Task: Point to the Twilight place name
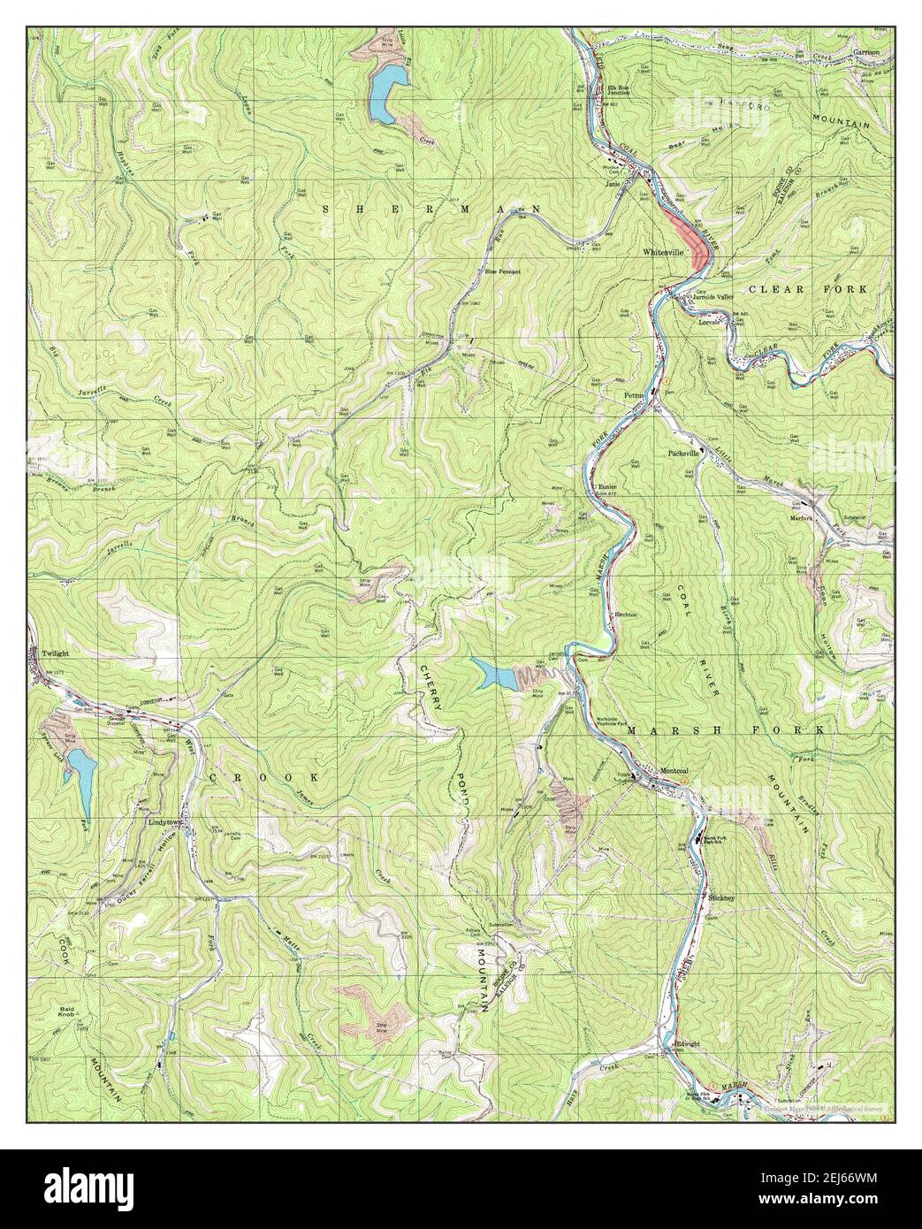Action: point(55,653)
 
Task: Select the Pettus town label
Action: point(636,395)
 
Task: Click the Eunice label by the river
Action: point(606,487)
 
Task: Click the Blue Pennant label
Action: point(502,271)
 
